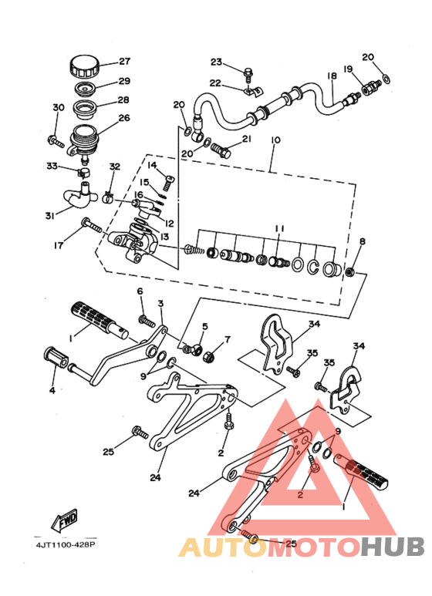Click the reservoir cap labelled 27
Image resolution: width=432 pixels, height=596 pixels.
pos(84,67)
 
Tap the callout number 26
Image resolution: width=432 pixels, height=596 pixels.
pos(124,118)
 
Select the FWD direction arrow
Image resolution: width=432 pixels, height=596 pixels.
pos(65,519)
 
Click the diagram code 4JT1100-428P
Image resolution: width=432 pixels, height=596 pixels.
pos(66,544)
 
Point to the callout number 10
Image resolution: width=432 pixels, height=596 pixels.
pos(275,140)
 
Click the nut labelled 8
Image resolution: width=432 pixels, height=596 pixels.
pos(350,271)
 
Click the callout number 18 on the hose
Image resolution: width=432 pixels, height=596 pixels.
pos(332,76)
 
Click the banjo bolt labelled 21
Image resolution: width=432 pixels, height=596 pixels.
pos(221,150)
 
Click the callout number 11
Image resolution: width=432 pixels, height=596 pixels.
pos(279,228)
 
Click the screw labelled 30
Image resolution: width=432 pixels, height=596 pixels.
pos(56,141)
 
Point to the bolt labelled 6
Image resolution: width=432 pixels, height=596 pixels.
pos(147,322)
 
